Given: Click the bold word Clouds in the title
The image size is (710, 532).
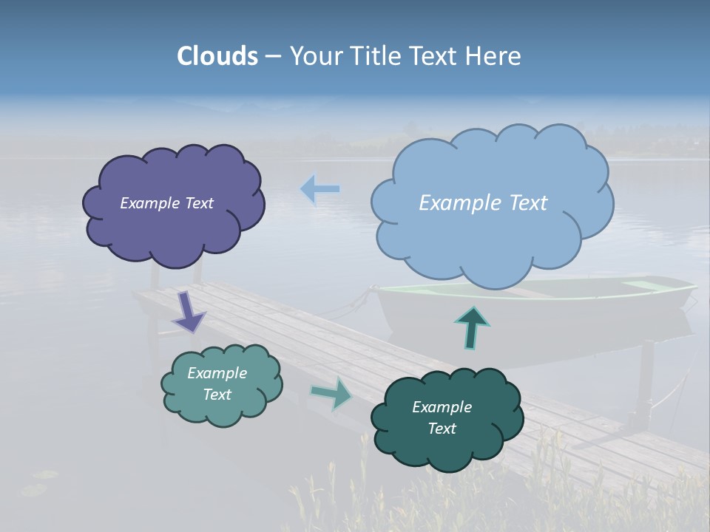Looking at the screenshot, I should click(x=217, y=56).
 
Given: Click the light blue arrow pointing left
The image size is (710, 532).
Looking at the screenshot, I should click(x=320, y=189).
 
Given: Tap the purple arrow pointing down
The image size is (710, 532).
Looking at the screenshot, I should click(x=188, y=311).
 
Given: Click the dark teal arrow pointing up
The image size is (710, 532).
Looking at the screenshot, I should click(x=471, y=327).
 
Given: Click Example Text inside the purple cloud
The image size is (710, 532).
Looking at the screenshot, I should click(x=166, y=203).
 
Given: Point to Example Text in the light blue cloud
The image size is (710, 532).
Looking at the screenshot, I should click(x=483, y=203).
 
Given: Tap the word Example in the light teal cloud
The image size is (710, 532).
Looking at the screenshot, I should click(x=217, y=373).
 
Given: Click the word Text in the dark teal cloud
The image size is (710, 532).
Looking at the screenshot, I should click(x=442, y=429).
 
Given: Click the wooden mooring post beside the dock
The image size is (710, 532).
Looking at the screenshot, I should click(x=643, y=384).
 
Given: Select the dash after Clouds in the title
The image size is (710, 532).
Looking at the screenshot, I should click(x=273, y=56).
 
